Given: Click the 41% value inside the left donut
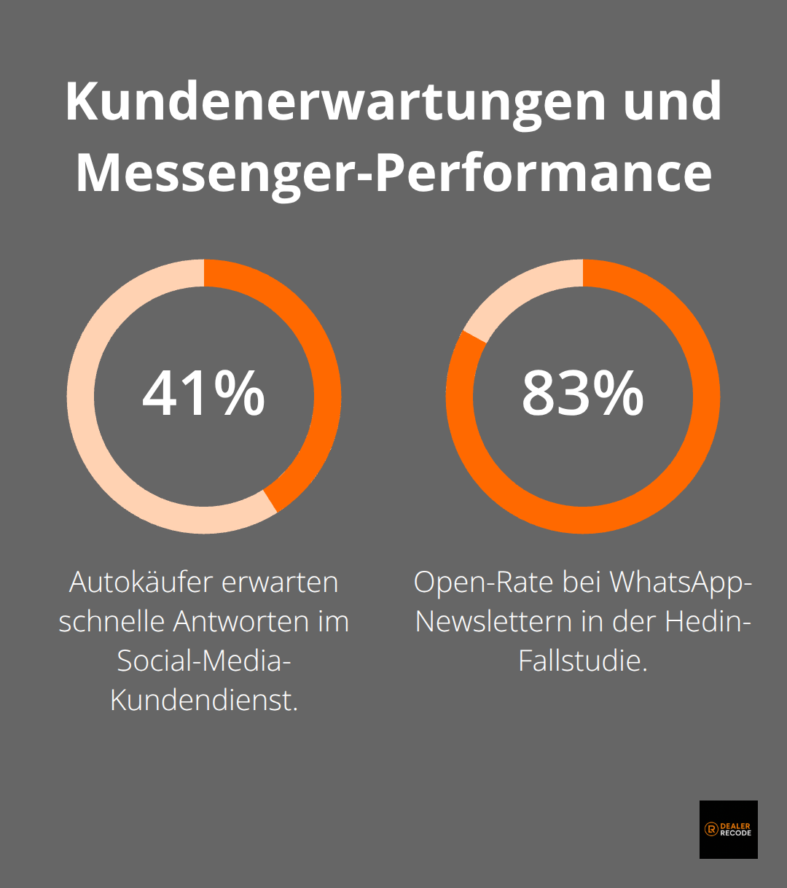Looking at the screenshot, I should pos(203,394).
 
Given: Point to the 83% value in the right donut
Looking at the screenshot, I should pos(582,394).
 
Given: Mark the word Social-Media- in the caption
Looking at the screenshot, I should pos(203,661).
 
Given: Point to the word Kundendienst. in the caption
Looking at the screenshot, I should pos(203,701).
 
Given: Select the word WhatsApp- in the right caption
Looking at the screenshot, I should pos(679,583).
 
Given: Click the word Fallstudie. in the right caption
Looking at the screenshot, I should pos(582,661).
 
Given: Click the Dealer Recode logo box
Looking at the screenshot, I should pos(728,830).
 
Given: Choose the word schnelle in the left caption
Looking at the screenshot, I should pos(111,622).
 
